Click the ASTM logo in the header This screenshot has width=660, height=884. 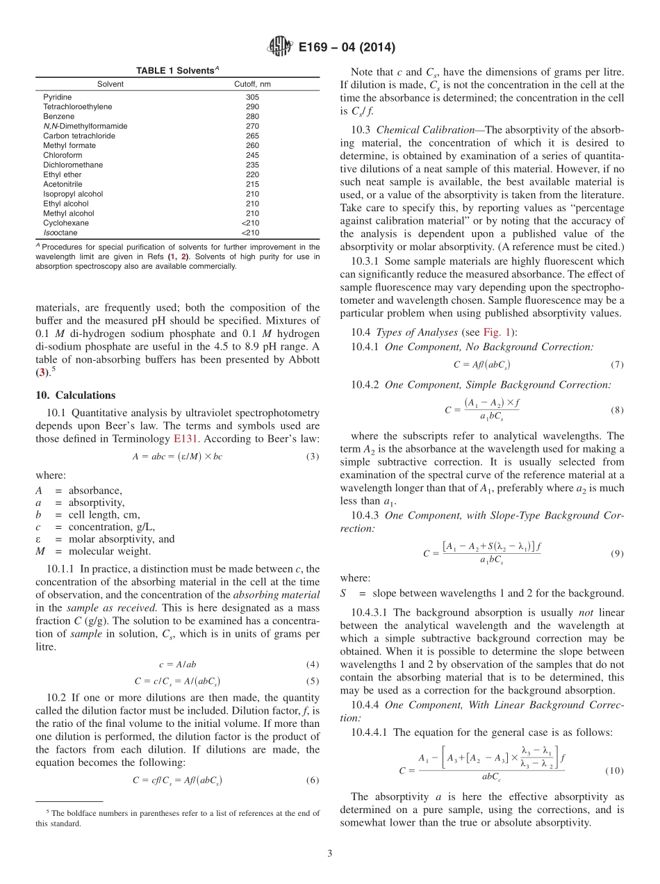(x=280, y=47)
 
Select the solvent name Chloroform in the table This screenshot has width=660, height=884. (x=63, y=155)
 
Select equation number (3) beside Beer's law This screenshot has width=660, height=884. (x=313, y=457)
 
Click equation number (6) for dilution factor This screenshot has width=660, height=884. (x=313, y=780)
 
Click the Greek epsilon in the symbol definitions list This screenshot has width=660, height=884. (x=38, y=539)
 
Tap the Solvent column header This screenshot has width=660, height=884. (x=110, y=84)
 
